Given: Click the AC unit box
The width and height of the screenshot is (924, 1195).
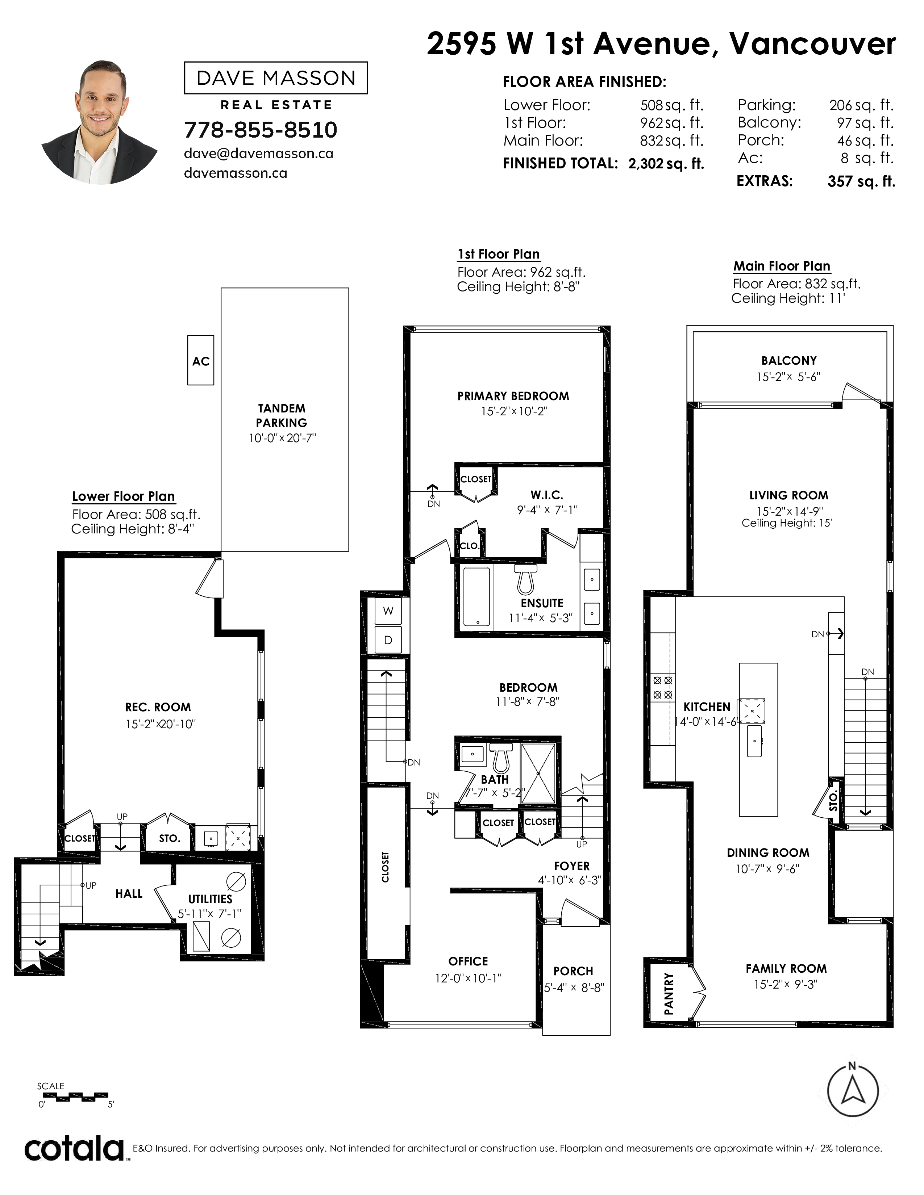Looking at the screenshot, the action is pos(200,361).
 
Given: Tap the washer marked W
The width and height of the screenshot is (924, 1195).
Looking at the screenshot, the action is pos(388,611).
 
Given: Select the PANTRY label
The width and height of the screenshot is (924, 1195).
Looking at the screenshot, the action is pos(669,994).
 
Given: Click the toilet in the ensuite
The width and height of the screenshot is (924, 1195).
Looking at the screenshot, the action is pos(525,579).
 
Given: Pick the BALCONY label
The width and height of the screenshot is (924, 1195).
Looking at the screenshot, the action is pos(789,361).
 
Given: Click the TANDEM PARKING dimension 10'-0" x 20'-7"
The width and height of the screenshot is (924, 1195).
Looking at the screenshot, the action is pos(283,438).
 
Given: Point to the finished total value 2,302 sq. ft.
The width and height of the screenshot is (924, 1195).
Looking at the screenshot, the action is pos(666,164).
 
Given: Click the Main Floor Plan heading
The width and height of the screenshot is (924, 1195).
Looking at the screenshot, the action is pos(782,266).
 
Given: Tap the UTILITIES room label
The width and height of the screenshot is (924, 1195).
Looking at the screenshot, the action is pos(210,899).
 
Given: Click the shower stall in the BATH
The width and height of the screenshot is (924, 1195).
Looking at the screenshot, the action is pos(538,773).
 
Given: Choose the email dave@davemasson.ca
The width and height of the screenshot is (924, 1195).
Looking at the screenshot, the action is pos(258,154).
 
